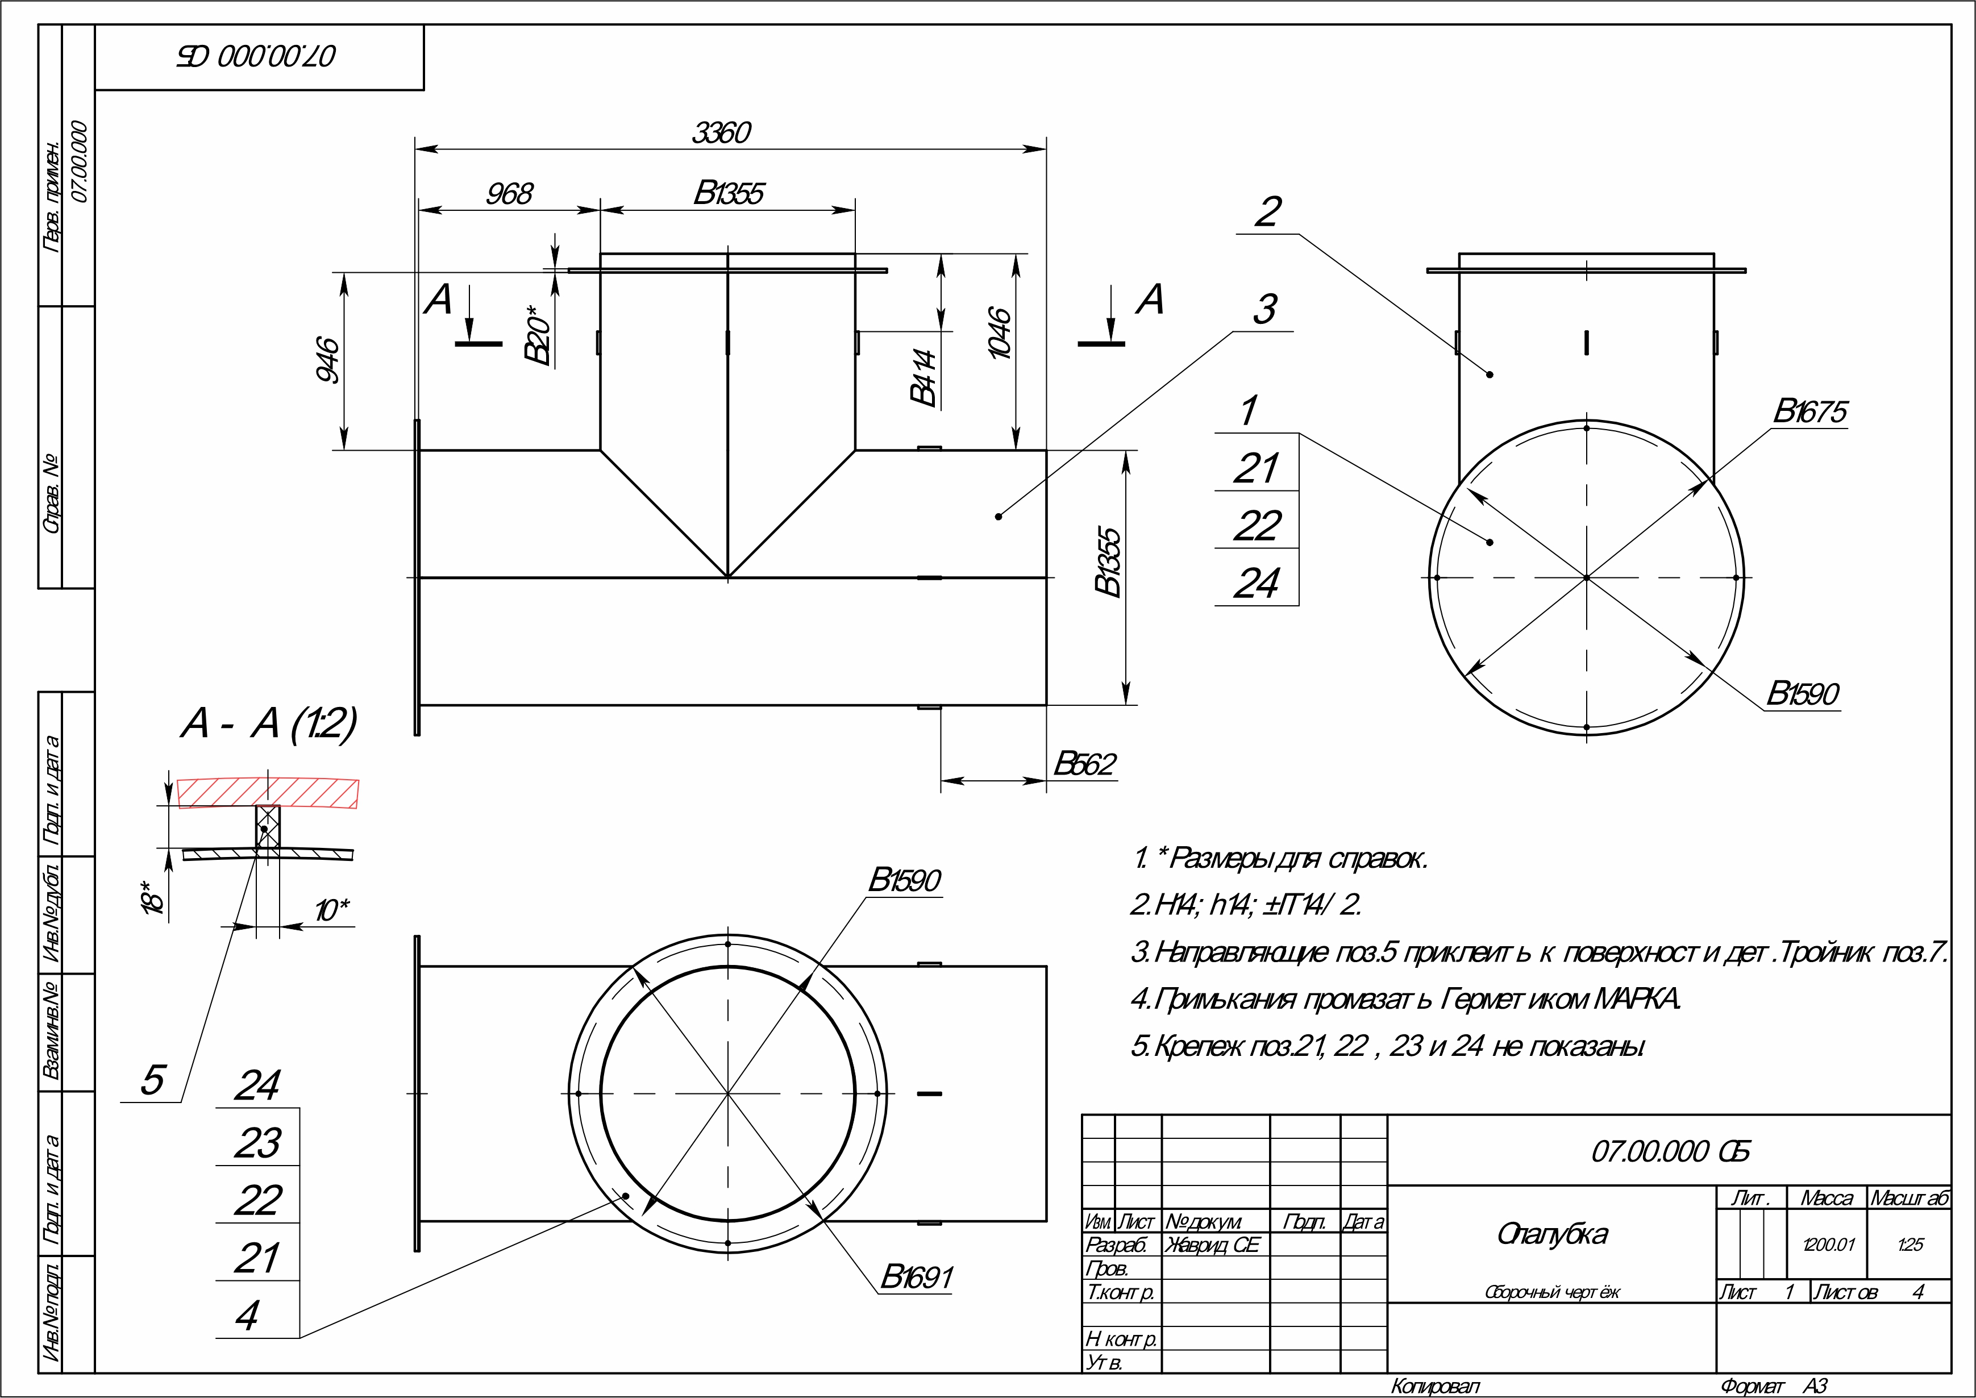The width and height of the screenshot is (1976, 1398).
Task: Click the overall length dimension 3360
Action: pyautogui.click(x=721, y=132)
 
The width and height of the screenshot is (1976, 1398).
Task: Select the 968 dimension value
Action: pyautogui.click(x=510, y=194)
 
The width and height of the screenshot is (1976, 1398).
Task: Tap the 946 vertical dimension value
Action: pyautogui.click(x=328, y=360)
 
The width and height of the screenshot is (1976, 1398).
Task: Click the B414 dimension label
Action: pyautogui.click(x=922, y=377)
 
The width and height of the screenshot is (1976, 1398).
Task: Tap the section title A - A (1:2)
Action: pyautogui.click(x=268, y=723)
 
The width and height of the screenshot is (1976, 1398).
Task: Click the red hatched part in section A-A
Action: pyautogui.click(x=268, y=793)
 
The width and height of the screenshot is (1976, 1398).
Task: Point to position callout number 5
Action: pyautogui.click(x=152, y=1080)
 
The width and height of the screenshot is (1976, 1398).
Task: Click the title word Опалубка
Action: pyautogui.click(x=1551, y=1234)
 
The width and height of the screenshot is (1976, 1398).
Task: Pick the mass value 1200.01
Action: pyautogui.click(x=1829, y=1245)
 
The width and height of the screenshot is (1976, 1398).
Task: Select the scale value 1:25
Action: pyautogui.click(x=1910, y=1245)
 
